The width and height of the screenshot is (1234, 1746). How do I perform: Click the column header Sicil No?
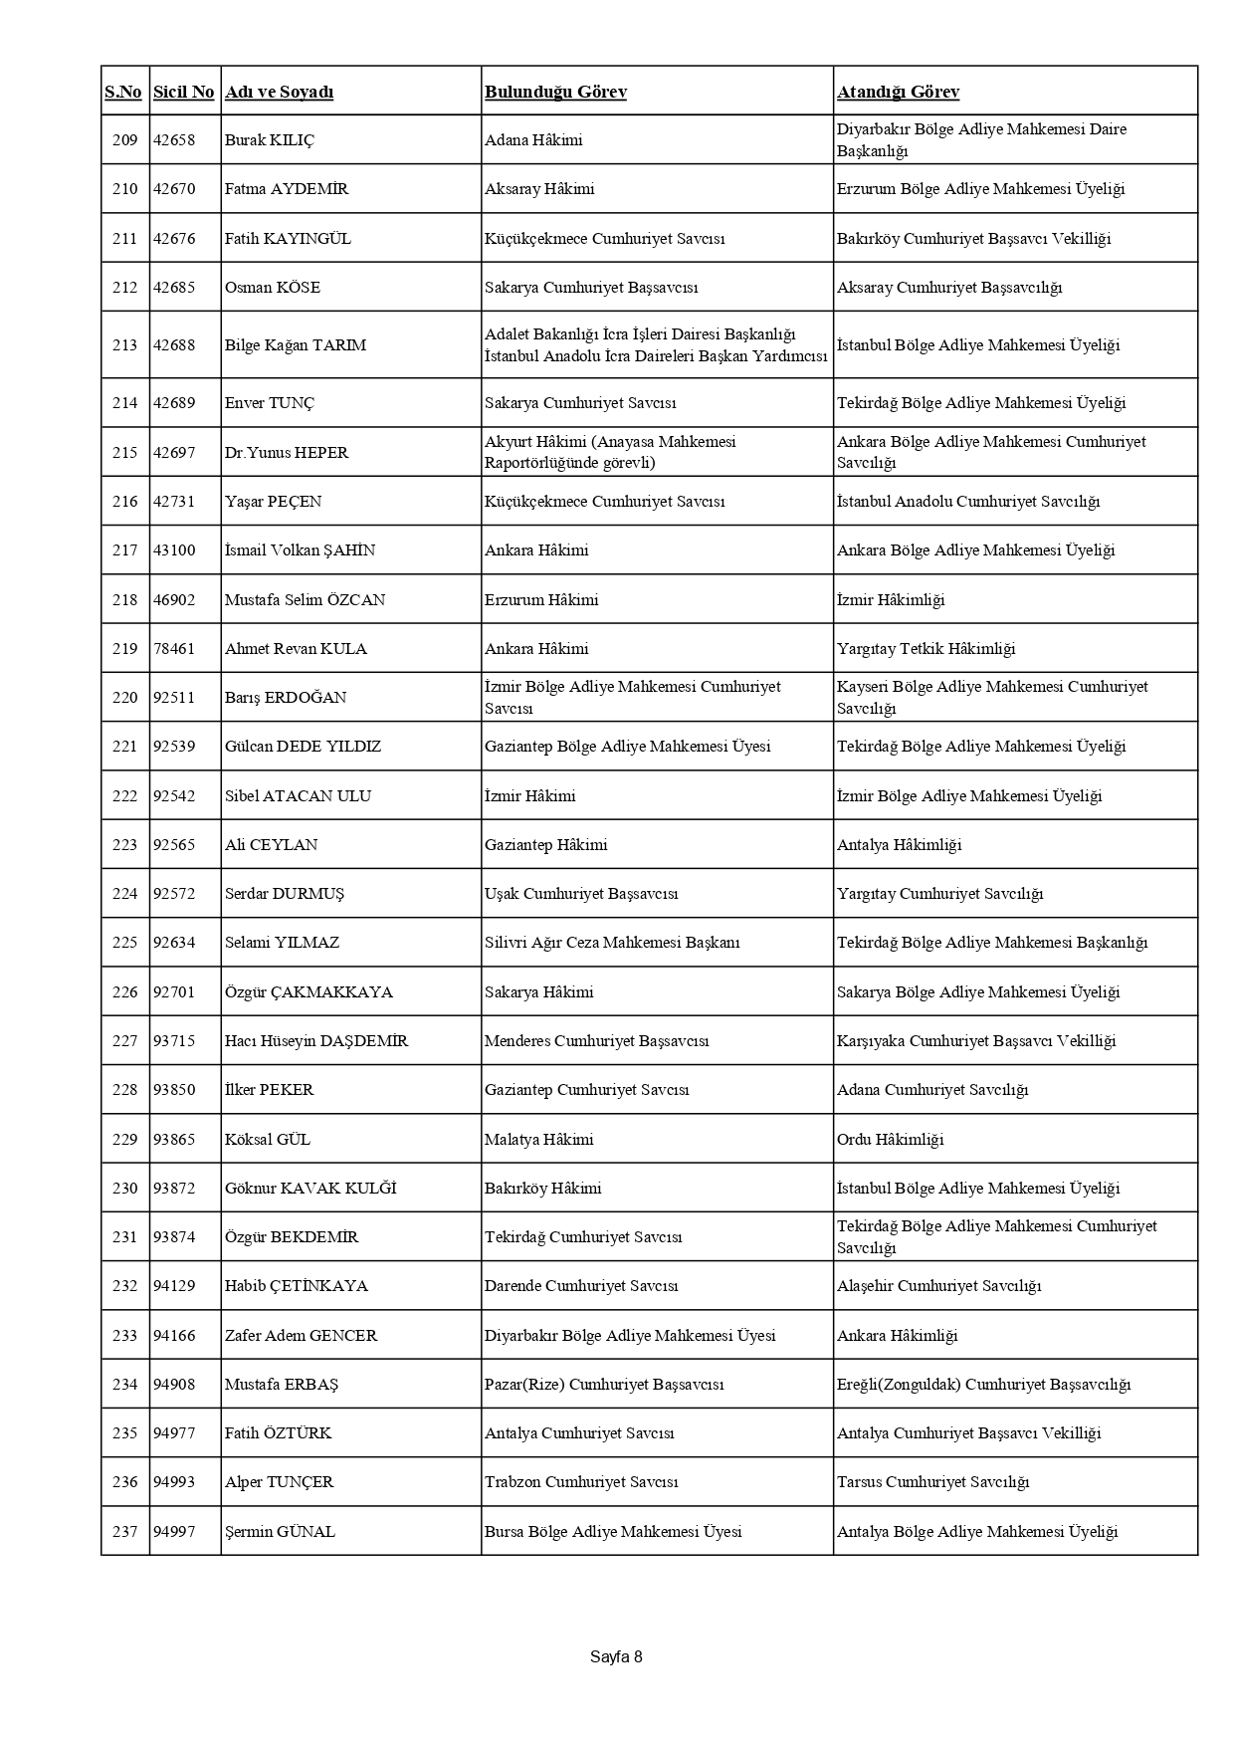(183, 92)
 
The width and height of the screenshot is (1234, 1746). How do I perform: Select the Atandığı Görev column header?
(898, 92)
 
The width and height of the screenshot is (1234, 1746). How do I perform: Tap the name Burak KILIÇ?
(269, 140)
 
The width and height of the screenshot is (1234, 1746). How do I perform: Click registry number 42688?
(174, 345)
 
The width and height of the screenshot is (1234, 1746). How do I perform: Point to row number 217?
(124, 550)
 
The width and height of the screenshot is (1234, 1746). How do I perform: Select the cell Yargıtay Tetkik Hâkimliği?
(925, 649)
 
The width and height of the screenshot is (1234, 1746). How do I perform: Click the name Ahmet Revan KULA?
(296, 649)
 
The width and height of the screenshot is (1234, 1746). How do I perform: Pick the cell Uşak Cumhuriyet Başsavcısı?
(581, 894)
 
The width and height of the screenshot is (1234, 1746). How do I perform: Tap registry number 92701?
(174, 992)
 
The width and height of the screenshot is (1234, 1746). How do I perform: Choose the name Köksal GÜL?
(268, 1140)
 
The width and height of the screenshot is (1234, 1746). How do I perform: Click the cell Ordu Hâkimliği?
(890, 1140)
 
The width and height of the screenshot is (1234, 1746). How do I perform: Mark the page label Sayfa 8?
(616, 1657)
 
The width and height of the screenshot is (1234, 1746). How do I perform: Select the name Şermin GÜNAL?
(280, 1532)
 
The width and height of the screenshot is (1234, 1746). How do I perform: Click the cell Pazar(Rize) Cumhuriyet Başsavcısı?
(604, 1385)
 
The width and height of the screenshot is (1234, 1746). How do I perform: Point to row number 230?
(124, 1189)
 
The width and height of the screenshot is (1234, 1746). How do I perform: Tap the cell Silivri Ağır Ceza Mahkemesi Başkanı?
(612, 943)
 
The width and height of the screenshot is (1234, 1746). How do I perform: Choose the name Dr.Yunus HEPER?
(287, 453)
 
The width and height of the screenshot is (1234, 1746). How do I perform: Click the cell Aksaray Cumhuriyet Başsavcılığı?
(949, 288)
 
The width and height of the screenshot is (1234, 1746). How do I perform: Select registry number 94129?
(174, 1286)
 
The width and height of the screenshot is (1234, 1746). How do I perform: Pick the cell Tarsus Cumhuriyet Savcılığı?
(932, 1482)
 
